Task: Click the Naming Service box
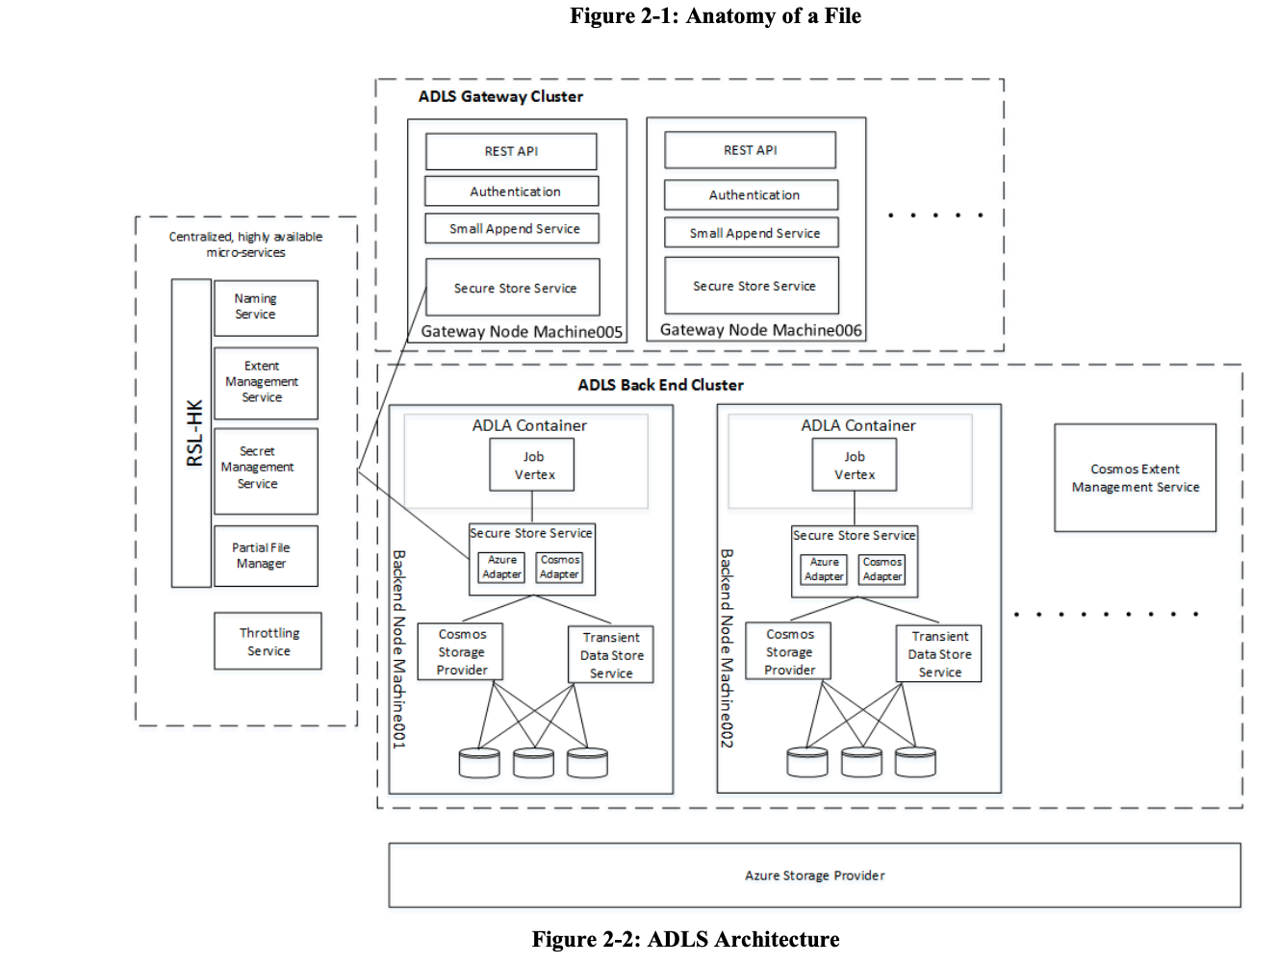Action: click(x=266, y=308)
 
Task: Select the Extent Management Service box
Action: click(x=266, y=382)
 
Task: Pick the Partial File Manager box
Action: click(x=266, y=556)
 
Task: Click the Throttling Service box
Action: click(x=268, y=642)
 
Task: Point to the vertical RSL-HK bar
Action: click(x=192, y=433)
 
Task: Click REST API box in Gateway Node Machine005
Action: click(x=511, y=152)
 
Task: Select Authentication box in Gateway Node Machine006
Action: click(x=751, y=195)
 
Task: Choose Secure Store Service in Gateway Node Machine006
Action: click(x=751, y=286)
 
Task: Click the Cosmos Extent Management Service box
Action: click(x=1135, y=478)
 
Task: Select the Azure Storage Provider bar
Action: click(x=814, y=875)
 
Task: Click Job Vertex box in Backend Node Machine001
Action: click(x=532, y=466)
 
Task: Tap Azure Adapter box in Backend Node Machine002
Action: click(x=824, y=570)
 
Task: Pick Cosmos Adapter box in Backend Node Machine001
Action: click(x=559, y=568)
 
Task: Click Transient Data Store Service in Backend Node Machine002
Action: click(x=938, y=654)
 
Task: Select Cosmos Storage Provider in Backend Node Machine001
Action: click(x=461, y=652)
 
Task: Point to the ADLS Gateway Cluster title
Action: click(x=500, y=96)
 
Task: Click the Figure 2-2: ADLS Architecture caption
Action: click(x=685, y=939)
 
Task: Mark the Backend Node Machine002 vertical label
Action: click(x=727, y=648)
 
